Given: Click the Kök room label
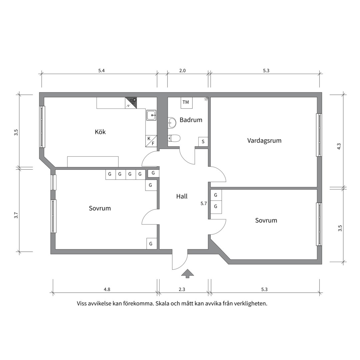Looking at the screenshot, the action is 100,132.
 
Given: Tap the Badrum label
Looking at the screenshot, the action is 191,120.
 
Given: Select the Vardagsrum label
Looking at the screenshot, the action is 264,141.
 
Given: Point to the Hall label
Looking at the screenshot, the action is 182,196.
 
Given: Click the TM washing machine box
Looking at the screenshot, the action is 186,103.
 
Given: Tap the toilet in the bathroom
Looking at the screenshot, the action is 174,138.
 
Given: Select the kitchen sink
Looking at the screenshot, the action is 151,115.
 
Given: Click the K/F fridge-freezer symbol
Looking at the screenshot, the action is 151,141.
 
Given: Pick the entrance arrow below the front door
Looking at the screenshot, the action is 188,273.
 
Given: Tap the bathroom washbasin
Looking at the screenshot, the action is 172,122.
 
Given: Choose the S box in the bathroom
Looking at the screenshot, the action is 203,142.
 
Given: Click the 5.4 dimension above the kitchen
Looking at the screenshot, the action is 101,70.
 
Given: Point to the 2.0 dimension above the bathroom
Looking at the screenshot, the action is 182,70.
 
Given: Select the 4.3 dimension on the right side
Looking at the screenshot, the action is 339,146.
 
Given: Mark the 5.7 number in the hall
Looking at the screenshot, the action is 204,203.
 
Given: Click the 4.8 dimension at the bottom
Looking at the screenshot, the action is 107,289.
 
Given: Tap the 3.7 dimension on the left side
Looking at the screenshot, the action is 16,215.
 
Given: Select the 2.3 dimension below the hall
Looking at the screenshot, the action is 182,289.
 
